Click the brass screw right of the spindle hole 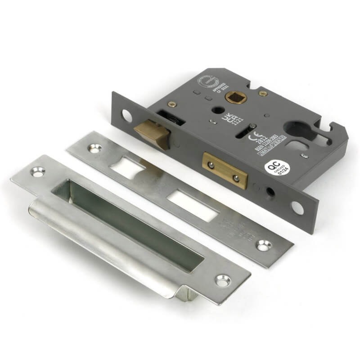click(x=263, y=94)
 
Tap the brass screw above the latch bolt click(x=171, y=104)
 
